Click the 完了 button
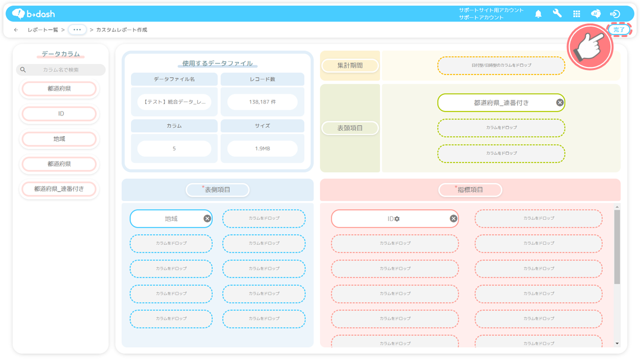619,29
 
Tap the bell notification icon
538,13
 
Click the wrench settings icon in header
557,13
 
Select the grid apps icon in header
576,13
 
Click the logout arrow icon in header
615,13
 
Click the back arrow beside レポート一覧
16,29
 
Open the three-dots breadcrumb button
77,29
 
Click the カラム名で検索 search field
61,69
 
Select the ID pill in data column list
59,113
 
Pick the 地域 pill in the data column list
59,139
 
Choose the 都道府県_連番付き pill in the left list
59,189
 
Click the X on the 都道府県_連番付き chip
559,102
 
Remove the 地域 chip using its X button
207,218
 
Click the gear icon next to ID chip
397,219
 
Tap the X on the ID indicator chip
453,218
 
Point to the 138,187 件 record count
262,101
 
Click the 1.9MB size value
262,148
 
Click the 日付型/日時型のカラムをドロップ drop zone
501,65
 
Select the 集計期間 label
350,65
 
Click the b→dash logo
33,13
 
